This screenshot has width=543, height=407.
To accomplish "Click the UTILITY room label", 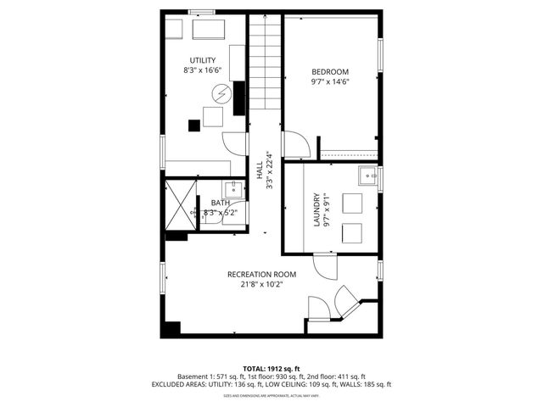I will [201, 60].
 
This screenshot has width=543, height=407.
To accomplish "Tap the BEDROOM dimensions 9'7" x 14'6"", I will [330, 81].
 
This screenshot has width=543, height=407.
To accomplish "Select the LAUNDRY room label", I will [316, 209].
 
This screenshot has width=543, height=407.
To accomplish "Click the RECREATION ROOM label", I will [261, 274].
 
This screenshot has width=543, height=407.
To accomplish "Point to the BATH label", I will [220, 203].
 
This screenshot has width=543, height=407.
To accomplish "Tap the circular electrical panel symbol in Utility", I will [221, 92].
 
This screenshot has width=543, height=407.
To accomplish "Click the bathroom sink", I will [234, 188].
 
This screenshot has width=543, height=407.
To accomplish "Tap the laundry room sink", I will [368, 177].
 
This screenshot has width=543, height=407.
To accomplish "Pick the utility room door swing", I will [234, 143].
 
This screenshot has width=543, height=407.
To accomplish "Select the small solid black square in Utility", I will [194, 125].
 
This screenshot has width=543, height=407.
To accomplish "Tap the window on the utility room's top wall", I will [201, 12].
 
